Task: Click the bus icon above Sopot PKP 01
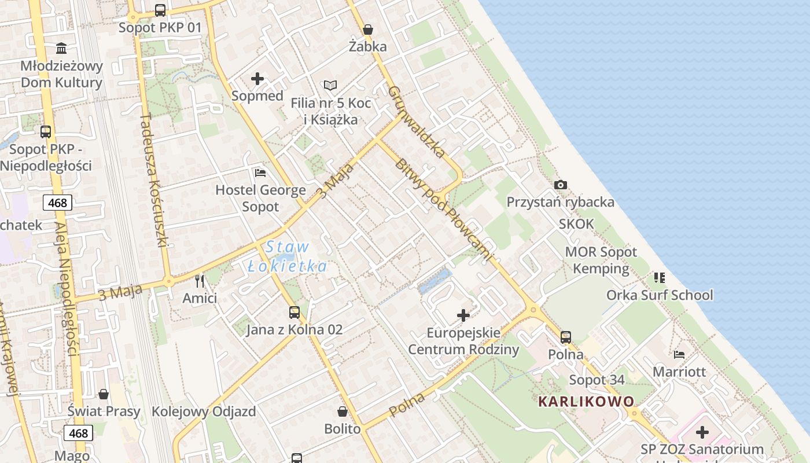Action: pyautogui.click(x=160, y=10)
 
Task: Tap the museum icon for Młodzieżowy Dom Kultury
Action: pyautogui.click(x=61, y=48)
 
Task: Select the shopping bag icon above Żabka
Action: pyautogui.click(x=367, y=30)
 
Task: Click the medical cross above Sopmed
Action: pyautogui.click(x=257, y=79)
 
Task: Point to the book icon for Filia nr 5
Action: pyautogui.click(x=330, y=86)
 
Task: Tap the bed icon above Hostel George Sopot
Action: pyautogui.click(x=260, y=172)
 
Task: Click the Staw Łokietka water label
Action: pyautogui.click(x=288, y=257)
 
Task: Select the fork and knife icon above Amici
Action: pyautogui.click(x=200, y=281)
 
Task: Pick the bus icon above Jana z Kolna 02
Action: pyautogui.click(x=294, y=313)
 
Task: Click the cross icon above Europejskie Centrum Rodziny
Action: pyautogui.click(x=463, y=315)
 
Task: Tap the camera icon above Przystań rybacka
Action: pyautogui.click(x=560, y=185)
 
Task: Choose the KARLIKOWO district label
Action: pyautogui.click(x=586, y=401)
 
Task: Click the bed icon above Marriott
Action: pyautogui.click(x=679, y=354)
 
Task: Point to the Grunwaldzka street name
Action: pyautogui.click(x=417, y=122)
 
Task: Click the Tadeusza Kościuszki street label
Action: pyautogui.click(x=153, y=180)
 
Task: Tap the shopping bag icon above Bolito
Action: pyautogui.click(x=343, y=411)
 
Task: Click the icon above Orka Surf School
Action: pyautogui.click(x=660, y=278)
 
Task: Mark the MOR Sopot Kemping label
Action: pyautogui.click(x=601, y=260)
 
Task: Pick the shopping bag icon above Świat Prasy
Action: pyautogui.click(x=104, y=394)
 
